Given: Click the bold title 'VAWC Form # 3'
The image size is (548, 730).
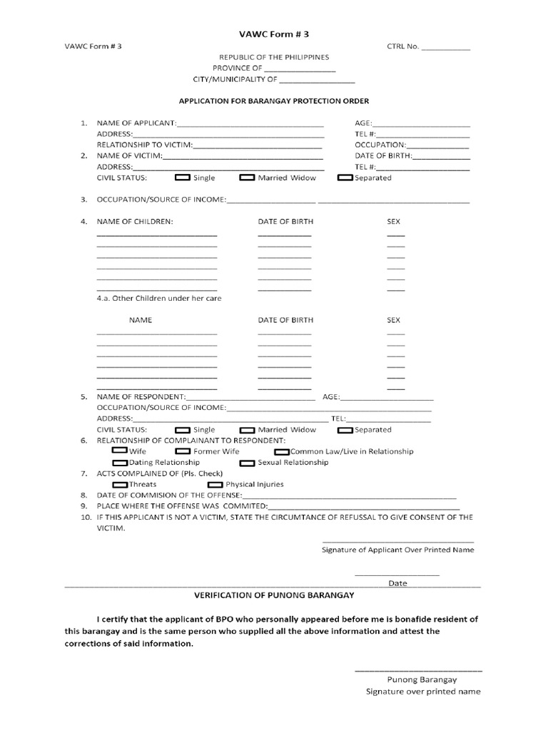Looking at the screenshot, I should point(273,34).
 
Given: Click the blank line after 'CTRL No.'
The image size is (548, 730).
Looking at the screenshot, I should point(446,50).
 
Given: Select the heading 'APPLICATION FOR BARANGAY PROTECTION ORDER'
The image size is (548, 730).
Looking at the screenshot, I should point(273,101).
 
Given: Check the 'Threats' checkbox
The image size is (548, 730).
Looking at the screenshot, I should point(120,485).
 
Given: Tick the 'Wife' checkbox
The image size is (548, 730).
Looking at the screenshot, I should point(120,451).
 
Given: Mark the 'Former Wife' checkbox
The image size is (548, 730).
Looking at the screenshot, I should point(183,451).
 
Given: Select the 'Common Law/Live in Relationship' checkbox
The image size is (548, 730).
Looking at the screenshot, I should point(282,452).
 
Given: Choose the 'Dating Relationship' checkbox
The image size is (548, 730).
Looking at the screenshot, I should point(120,463).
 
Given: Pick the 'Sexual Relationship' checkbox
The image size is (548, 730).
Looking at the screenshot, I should point(247,463).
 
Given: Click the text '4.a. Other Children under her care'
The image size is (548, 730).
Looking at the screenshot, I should point(159,298).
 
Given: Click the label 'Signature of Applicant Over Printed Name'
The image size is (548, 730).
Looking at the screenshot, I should point(397,550).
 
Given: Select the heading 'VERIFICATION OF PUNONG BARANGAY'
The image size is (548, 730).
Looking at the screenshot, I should point(274,594).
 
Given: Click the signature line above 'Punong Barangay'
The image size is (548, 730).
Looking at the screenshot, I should point(418,671).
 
